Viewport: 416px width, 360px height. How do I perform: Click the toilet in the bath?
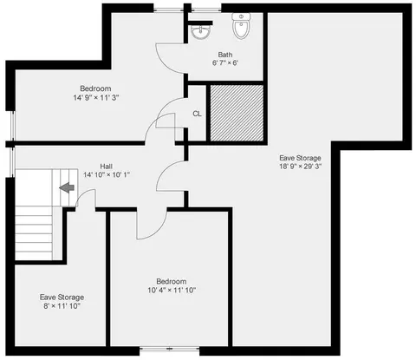(241, 26)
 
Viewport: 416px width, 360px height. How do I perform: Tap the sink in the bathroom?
(201, 32)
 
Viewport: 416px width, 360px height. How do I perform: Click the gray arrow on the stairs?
(67, 187)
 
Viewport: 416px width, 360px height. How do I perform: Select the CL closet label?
(197, 114)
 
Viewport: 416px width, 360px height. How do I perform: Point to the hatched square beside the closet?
(237, 113)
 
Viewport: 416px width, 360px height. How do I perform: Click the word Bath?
(225, 55)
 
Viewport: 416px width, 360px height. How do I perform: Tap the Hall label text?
(106, 167)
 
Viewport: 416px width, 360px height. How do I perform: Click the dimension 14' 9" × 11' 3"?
(96, 98)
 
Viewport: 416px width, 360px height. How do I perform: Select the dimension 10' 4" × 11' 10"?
(172, 290)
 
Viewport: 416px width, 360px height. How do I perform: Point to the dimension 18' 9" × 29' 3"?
(300, 167)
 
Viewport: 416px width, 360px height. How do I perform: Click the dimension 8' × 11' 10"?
(62, 306)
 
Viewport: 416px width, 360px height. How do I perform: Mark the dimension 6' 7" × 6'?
(225, 62)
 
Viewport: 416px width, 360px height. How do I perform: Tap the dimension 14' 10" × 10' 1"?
(107, 174)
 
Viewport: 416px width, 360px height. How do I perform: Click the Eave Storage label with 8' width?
(62, 298)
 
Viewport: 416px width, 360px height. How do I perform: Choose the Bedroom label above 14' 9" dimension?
(95, 88)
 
